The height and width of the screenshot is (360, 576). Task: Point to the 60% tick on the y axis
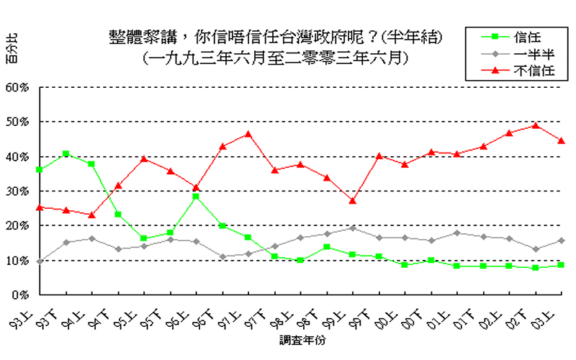[x=17, y=87]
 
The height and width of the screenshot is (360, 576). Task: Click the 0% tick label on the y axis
[x=20, y=294]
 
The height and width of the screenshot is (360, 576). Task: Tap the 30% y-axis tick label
[x=17, y=191]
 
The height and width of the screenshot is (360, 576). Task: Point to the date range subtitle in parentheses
[x=275, y=56]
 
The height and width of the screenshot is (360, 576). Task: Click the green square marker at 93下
[x=66, y=153]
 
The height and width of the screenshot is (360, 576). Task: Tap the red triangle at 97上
[x=248, y=134]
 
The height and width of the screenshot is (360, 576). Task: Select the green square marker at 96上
[x=196, y=197]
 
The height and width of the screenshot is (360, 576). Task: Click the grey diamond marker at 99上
[x=353, y=228]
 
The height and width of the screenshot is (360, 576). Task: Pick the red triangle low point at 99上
[x=353, y=201]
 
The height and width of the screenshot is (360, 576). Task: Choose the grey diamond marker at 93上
[x=40, y=261]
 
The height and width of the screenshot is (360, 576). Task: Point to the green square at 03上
[x=562, y=265]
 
